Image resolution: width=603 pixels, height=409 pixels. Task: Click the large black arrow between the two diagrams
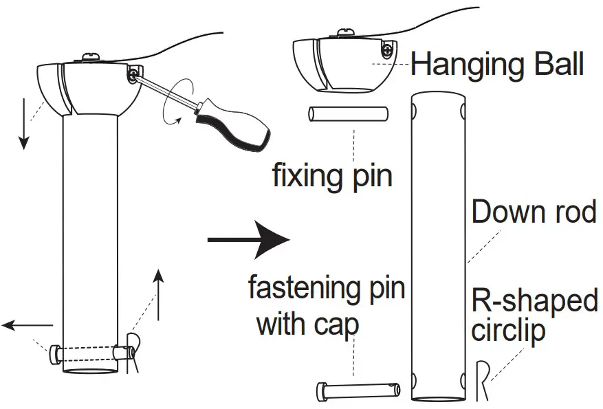[251, 239]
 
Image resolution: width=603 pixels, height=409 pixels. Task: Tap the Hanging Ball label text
[496, 65]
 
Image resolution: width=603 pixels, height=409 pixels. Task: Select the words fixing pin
[332, 175]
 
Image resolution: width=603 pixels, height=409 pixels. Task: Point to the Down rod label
[534, 212]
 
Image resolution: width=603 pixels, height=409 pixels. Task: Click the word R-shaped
[534, 300]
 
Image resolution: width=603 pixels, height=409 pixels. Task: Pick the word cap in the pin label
[337, 323]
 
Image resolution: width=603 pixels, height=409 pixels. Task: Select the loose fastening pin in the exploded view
[357, 390]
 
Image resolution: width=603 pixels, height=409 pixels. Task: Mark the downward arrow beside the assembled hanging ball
[24, 124]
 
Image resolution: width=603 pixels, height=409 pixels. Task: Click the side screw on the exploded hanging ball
[388, 50]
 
